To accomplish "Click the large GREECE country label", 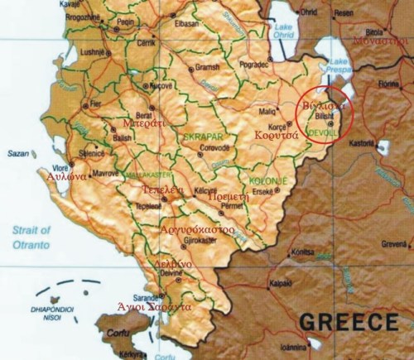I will point(348,321).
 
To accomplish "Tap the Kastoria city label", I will point(362,142).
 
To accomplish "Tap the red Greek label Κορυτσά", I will point(276,133).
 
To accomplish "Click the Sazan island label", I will point(17,153).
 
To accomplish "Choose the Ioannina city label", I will point(334,347).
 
